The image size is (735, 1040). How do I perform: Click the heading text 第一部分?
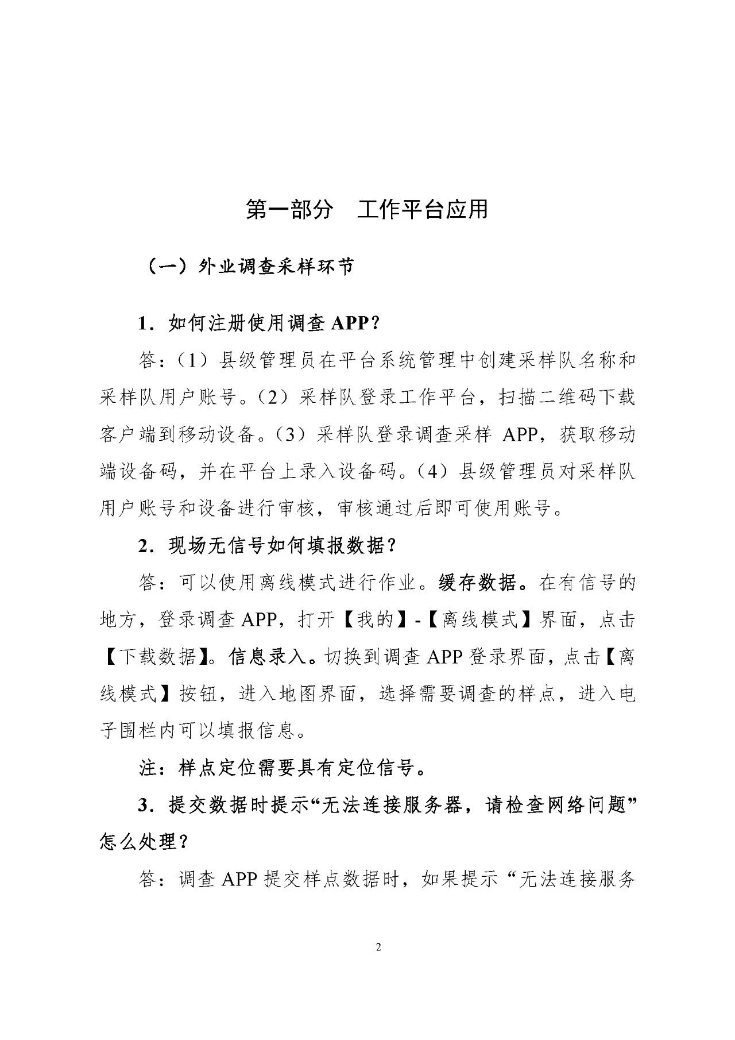click(289, 210)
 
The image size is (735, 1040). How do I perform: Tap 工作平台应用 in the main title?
click(423, 210)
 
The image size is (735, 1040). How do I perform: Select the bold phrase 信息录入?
click(266, 656)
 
